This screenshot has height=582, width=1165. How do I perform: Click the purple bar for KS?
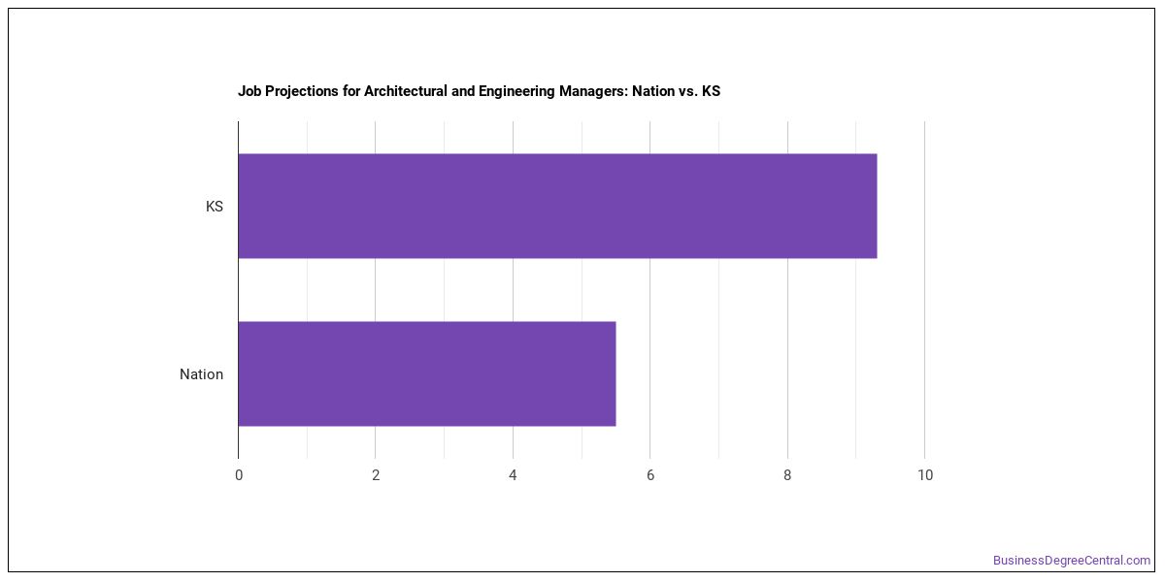click(x=557, y=206)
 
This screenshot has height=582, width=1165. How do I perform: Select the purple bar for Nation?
click(x=427, y=373)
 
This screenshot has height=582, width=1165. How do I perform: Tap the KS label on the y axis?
click(x=215, y=207)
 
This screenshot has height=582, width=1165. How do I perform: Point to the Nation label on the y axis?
click(x=201, y=374)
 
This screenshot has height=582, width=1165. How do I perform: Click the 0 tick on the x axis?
click(x=239, y=475)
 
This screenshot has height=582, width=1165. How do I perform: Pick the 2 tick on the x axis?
click(x=376, y=475)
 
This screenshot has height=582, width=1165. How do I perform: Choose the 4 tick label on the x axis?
click(x=513, y=475)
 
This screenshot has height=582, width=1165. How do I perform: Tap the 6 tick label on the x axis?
click(x=650, y=475)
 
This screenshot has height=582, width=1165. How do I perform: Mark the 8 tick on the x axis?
click(x=787, y=475)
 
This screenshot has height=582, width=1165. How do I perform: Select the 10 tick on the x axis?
click(x=925, y=475)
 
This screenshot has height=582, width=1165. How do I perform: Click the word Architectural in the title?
click(x=406, y=91)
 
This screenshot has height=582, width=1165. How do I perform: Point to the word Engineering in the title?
click(x=516, y=92)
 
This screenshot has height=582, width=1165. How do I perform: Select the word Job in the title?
click(x=250, y=91)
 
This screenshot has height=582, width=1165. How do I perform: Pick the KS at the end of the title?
click(x=711, y=91)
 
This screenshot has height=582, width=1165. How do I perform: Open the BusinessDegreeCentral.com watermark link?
click(x=1072, y=561)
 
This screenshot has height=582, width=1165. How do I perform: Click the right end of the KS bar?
click(x=877, y=206)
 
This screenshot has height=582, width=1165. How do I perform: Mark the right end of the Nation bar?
click(x=616, y=373)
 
